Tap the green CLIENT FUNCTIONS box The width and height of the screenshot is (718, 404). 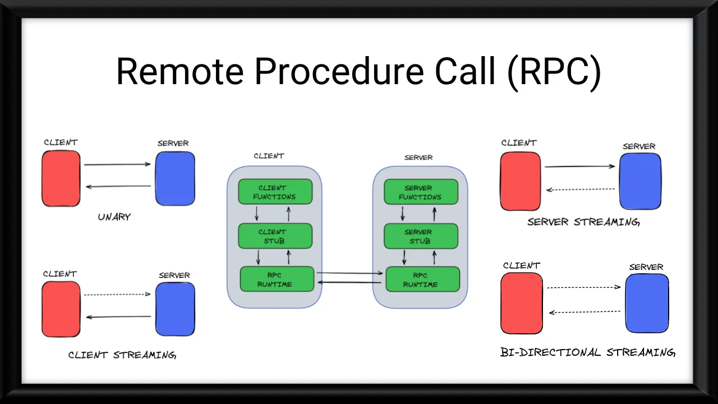tap(275, 192)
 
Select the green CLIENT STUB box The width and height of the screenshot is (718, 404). tap(275, 236)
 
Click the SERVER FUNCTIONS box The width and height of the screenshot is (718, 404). tap(421, 192)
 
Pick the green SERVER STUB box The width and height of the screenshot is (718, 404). tap(421, 236)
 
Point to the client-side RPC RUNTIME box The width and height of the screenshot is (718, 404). tap(277, 279)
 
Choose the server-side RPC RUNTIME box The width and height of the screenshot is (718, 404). tap(422, 279)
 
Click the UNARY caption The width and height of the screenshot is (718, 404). tap(114, 217)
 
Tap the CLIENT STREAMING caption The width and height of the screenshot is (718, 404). tap(122, 355)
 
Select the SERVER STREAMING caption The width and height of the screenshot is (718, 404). tap(583, 222)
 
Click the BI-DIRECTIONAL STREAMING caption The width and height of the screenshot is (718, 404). tap(588, 352)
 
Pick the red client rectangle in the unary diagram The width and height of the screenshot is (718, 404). tap(61, 178)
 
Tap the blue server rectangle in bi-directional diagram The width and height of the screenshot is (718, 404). tap(647, 304)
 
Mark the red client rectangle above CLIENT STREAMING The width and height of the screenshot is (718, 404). tap(61, 309)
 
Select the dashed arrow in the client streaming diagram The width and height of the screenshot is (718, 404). tap(118, 294)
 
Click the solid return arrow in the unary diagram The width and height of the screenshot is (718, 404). tap(118, 186)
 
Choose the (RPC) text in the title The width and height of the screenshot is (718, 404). tap(554, 72)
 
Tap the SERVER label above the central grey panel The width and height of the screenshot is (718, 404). tap(418, 158)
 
